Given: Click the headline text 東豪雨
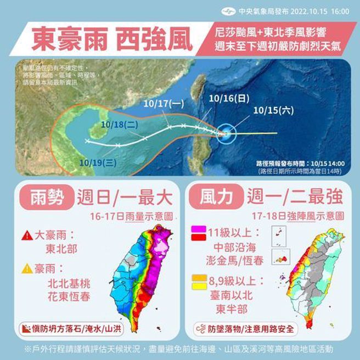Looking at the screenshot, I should click(x=65, y=39).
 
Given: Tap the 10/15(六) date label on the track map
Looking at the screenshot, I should click(x=273, y=110).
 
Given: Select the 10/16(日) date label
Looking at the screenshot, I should click(x=229, y=98).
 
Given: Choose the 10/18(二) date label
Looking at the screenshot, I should click(x=119, y=124).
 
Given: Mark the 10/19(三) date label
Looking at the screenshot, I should click(x=98, y=162).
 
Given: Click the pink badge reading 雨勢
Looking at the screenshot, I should click(x=42, y=196).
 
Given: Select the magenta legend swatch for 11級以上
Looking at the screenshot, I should click(x=198, y=229).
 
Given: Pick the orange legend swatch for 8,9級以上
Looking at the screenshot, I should click(x=198, y=278).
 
